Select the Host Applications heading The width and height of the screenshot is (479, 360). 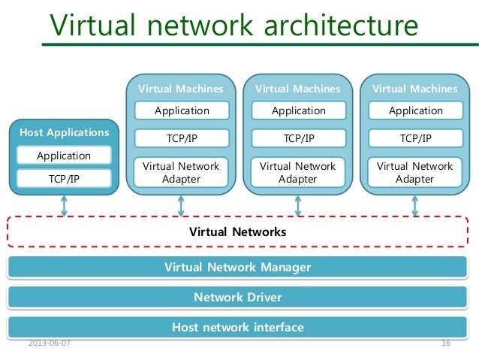(64, 132)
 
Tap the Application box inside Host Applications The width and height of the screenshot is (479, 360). (64, 156)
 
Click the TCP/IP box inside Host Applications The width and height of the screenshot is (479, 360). (64, 178)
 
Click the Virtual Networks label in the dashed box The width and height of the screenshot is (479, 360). (237, 232)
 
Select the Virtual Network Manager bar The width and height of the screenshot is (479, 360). (237, 267)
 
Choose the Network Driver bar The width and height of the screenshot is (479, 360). (237, 297)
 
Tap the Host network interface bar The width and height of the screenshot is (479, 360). (237, 327)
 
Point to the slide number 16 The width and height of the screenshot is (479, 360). (445, 343)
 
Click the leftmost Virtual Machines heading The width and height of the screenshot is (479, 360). (181, 89)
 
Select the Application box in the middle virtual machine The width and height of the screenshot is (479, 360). (298, 110)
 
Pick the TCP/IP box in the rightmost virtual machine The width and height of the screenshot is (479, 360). (415, 138)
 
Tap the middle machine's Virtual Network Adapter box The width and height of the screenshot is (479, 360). (298, 173)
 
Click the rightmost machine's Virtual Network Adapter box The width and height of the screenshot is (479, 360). (415, 173)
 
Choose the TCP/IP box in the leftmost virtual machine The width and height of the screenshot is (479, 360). (181, 138)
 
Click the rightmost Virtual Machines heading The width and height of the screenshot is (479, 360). (415, 89)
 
